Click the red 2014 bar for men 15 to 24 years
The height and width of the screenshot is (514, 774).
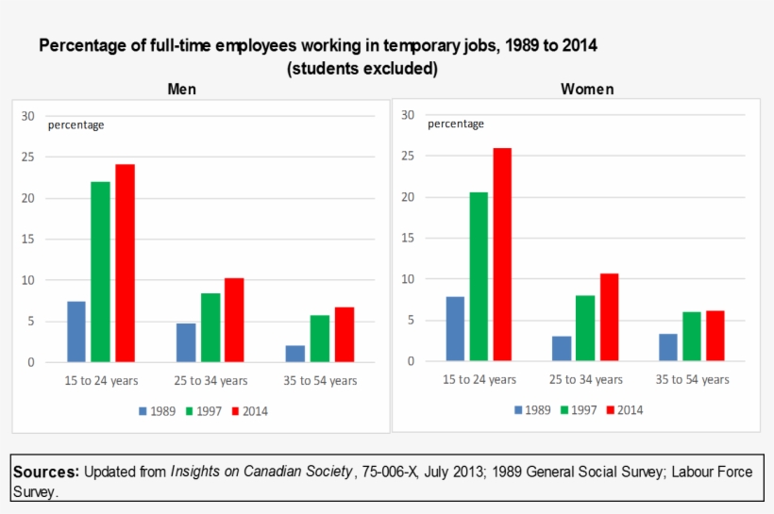125,263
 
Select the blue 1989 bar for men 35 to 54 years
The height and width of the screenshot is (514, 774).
294,354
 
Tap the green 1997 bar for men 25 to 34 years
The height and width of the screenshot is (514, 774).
210,327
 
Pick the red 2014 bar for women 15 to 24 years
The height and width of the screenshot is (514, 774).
502,255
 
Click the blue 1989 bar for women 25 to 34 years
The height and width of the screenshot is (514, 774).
562,348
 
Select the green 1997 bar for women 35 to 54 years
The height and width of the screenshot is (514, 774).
692,337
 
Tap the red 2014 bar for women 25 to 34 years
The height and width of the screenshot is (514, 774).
609,317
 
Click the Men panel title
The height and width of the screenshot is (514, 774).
182,89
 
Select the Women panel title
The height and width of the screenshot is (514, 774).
587,89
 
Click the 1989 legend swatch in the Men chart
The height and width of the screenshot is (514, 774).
143,411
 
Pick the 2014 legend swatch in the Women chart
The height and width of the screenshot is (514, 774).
610,410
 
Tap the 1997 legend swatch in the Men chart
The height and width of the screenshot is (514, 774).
189,411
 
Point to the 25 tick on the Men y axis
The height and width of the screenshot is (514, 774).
28,158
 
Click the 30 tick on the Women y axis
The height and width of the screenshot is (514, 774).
408,115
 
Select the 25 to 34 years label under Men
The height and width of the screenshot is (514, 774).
210,381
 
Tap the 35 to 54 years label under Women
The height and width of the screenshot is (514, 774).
693,379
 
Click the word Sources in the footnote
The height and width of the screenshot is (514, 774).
45,472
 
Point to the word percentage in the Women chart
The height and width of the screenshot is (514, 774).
456,124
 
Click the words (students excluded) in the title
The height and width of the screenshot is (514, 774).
362,68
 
